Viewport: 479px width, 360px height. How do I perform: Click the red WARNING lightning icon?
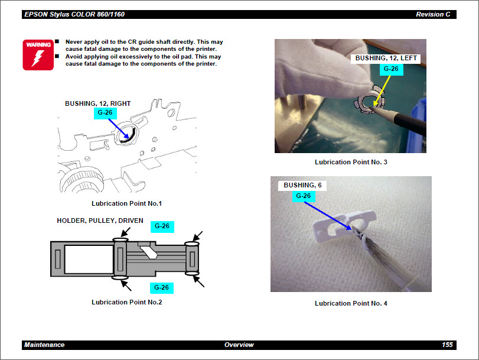[34, 54]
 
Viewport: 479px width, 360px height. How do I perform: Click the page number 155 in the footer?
[447, 345]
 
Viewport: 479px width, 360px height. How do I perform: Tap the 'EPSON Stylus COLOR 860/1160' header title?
[74, 14]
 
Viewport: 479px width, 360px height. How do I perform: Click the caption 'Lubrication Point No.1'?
[126, 203]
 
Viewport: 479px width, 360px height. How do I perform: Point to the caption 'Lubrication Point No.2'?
[126, 302]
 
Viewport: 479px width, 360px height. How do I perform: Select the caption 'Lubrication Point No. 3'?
[351, 162]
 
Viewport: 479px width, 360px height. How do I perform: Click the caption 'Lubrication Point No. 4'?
[351, 303]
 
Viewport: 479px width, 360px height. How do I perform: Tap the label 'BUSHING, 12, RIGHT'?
[97, 103]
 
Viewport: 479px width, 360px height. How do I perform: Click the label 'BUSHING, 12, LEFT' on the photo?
[386, 59]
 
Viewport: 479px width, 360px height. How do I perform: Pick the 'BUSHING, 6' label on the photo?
[302, 185]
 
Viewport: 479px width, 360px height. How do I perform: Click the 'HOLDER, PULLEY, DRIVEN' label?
[100, 220]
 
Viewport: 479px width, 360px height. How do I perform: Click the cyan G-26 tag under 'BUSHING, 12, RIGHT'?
[105, 112]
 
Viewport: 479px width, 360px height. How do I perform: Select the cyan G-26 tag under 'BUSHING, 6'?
[303, 196]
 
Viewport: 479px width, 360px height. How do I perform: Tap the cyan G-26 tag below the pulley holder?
[161, 287]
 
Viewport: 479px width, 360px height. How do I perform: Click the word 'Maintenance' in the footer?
[44, 345]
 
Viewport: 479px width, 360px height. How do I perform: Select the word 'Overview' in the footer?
[239, 345]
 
